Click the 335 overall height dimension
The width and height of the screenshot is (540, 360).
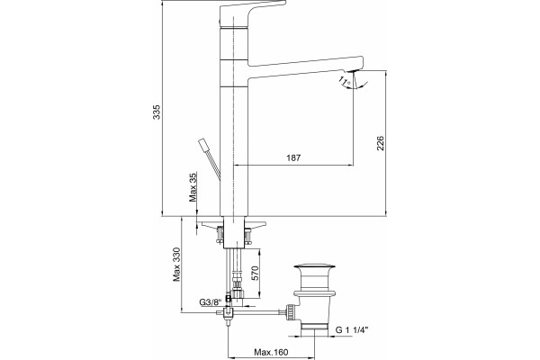pyautogui.click(x=157, y=112)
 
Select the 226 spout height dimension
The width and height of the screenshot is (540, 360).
pyautogui.click(x=380, y=143)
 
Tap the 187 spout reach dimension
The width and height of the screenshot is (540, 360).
pyautogui.click(x=293, y=157)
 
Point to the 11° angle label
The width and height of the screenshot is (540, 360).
pyautogui.click(x=345, y=82)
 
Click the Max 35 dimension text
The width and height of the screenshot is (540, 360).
pyautogui.click(x=193, y=187)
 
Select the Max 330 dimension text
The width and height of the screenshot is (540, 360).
pyautogui.click(x=176, y=265)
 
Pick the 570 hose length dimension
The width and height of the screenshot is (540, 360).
pyautogui.click(x=256, y=274)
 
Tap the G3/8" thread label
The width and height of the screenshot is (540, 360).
pyautogui.click(x=210, y=302)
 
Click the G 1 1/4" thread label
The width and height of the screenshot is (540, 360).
pyautogui.click(x=352, y=330)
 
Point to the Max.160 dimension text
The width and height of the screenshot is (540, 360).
pyautogui.click(x=271, y=352)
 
